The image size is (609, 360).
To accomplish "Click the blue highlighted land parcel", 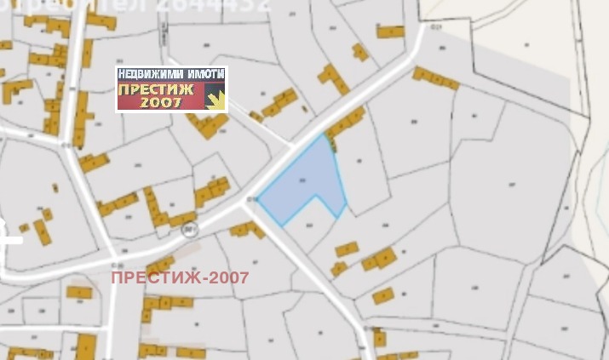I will click(302, 183).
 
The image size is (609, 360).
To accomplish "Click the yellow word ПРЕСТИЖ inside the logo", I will click(157, 89).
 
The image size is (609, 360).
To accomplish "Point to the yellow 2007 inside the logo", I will click(162, 102).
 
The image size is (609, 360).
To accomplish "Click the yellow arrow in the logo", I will click(216, 100).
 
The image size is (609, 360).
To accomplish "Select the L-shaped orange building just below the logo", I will click(207, 125).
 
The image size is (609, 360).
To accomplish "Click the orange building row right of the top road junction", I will click(435, 78).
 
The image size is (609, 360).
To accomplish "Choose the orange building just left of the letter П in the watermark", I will click(79, 292).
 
